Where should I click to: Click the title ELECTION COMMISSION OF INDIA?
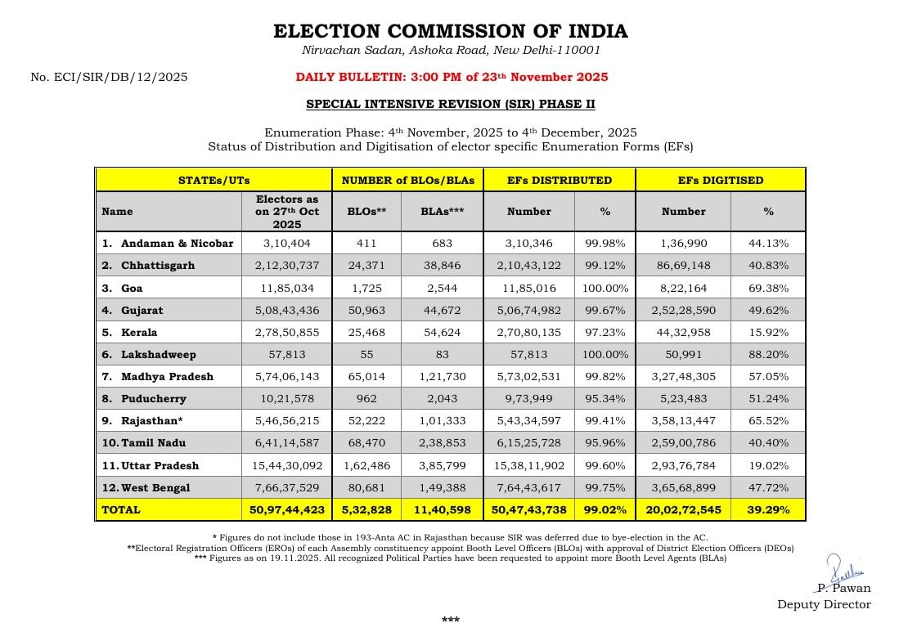(x=450, y=32)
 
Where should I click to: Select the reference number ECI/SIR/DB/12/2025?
(x=109, y=77)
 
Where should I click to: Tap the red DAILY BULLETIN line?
(x=452, y=77)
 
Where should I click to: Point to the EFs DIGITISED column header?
(x=720, y=180)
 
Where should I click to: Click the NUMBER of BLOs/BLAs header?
(x=407, y=180)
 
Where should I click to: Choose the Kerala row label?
(x=139, y=332)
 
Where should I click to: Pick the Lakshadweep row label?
(x=158, y=355)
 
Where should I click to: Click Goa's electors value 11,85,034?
(x=286, y=288)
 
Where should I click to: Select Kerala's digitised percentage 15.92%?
(x=768, y=332)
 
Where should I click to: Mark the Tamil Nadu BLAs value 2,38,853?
(x=443, y=442)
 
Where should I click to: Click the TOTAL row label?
(x=121, y=509)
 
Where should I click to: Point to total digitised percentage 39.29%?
(x=768, y=509)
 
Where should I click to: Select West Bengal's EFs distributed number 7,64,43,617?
(x=528, y=487)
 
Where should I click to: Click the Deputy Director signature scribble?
(x=838, y=568)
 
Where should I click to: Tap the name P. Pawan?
(x=844, y=588)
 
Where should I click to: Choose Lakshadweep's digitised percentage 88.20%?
(x=768, y=355)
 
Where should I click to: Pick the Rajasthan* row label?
(x=153, y=420)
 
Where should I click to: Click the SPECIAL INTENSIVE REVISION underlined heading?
(x=450, y=104)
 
